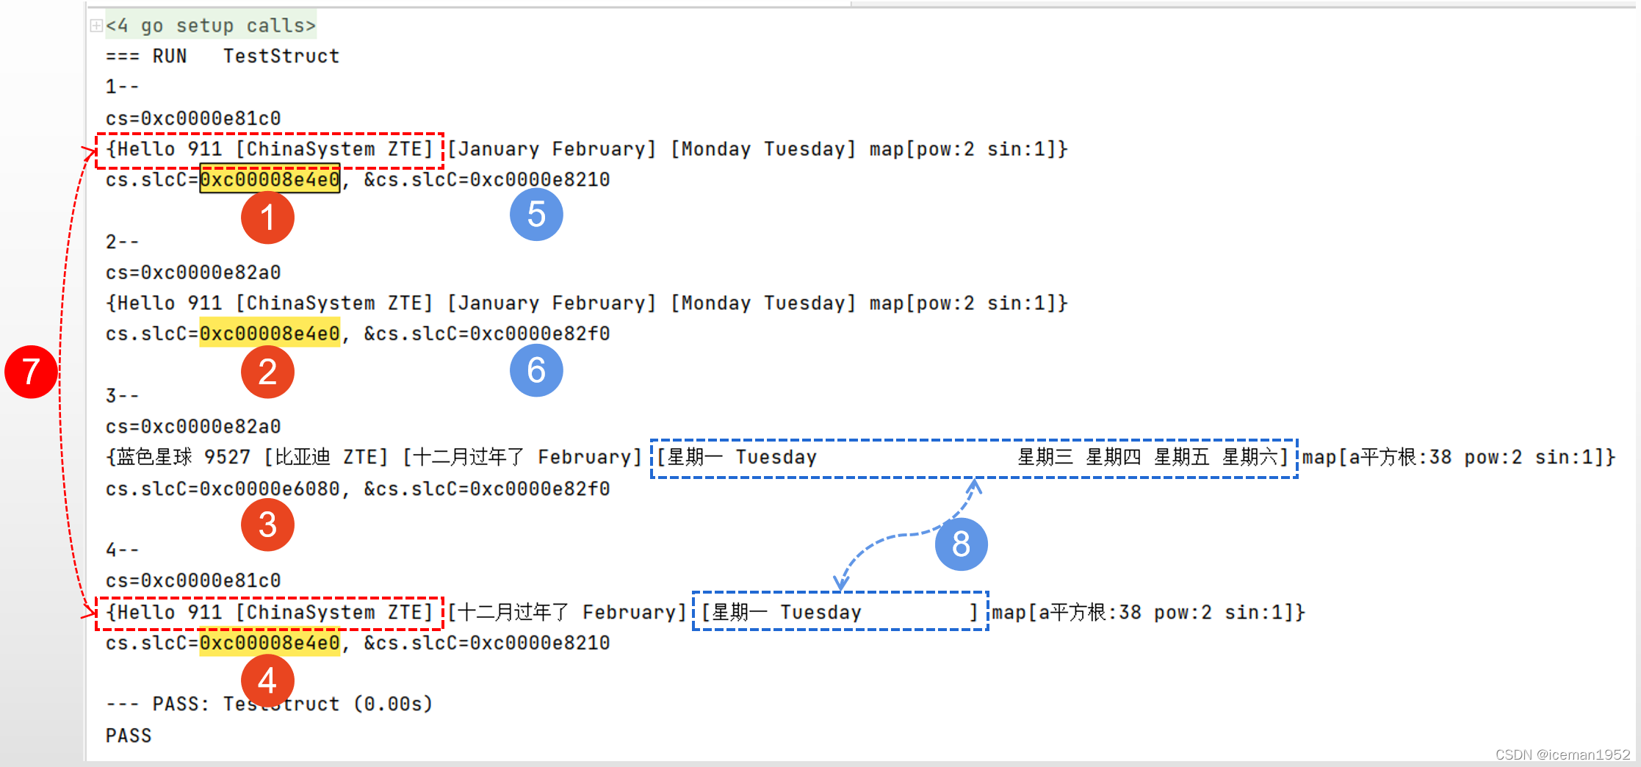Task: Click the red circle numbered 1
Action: (267, 217)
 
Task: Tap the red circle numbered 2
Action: (267, 372)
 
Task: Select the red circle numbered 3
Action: (267, 525)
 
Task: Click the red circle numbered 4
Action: (267, 680)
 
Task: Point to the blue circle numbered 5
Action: (536, 215)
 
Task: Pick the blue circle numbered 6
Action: (536, 370)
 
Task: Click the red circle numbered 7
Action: (31, 372)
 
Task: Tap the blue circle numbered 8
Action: (961, 544)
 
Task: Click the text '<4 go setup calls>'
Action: (210, 26)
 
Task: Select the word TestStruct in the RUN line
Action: (281, 57)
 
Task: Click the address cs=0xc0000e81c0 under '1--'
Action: (193, 118)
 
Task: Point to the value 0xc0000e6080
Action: (270, 489)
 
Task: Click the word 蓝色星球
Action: (155, 458)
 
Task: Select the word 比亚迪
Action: (303, 458)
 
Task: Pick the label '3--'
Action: (122, 396)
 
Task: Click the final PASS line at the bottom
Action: (129, 735)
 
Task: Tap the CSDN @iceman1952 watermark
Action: (1562, 755)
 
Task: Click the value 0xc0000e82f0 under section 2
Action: (540, 334)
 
